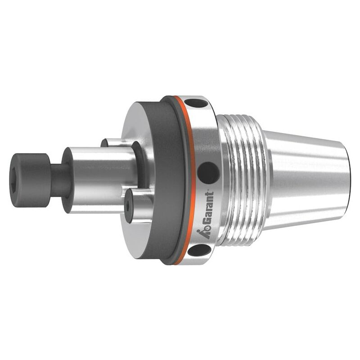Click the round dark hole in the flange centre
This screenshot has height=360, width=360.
208,173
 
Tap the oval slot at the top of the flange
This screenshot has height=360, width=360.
196,103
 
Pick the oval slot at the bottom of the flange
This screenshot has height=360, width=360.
199,250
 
